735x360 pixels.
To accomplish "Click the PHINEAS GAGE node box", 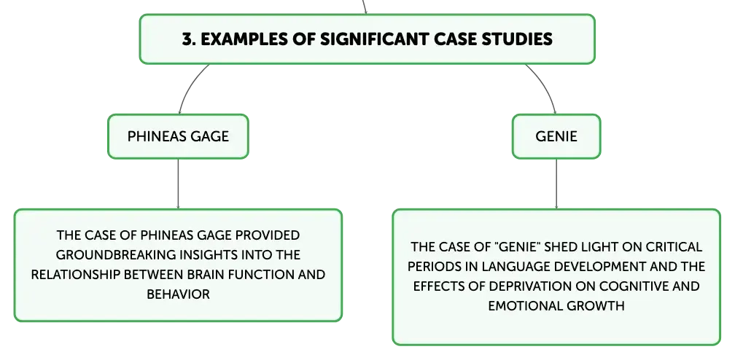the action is pyautogui.click(x=178, y=136).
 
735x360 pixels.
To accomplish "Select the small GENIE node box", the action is pyautogui.click(x=556, y=136).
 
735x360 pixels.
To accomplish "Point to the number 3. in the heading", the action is pyautogui.click(x=189, y=39).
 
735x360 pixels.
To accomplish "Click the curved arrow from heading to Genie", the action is pyautogui.click(x=545, y=86).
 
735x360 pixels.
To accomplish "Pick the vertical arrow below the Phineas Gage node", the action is pyautogui.click(x=178, y=184).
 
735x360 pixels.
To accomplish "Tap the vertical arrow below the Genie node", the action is pyautogui.click(x=556, y=184).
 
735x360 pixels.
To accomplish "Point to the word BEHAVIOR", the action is pyautogui.click(x=178, y=294).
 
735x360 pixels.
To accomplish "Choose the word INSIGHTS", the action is pyautogui.click(x=209, y=254).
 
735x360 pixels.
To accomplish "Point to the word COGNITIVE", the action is pyautogui.click(x=634, y=286).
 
